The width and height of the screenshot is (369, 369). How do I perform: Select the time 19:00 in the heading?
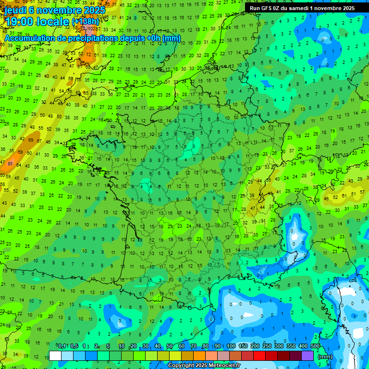[21, 21]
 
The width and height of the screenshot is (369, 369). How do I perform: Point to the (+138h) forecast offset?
[86, 21]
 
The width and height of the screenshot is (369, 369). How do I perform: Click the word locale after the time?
[54, 21]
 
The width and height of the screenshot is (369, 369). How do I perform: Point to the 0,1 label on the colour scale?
[62, 346]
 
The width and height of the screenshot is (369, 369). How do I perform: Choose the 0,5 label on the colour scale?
[74, 346]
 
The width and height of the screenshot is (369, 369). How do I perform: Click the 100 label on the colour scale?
[231, 346]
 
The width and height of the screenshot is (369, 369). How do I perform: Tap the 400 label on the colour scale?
[303, 346]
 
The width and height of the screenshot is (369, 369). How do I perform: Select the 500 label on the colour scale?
[315, 346]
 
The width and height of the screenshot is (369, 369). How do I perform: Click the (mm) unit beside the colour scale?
[325, 357]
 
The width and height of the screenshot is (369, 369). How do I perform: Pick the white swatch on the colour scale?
[55, 356]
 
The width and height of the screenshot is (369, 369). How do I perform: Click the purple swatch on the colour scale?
[307, 356]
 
